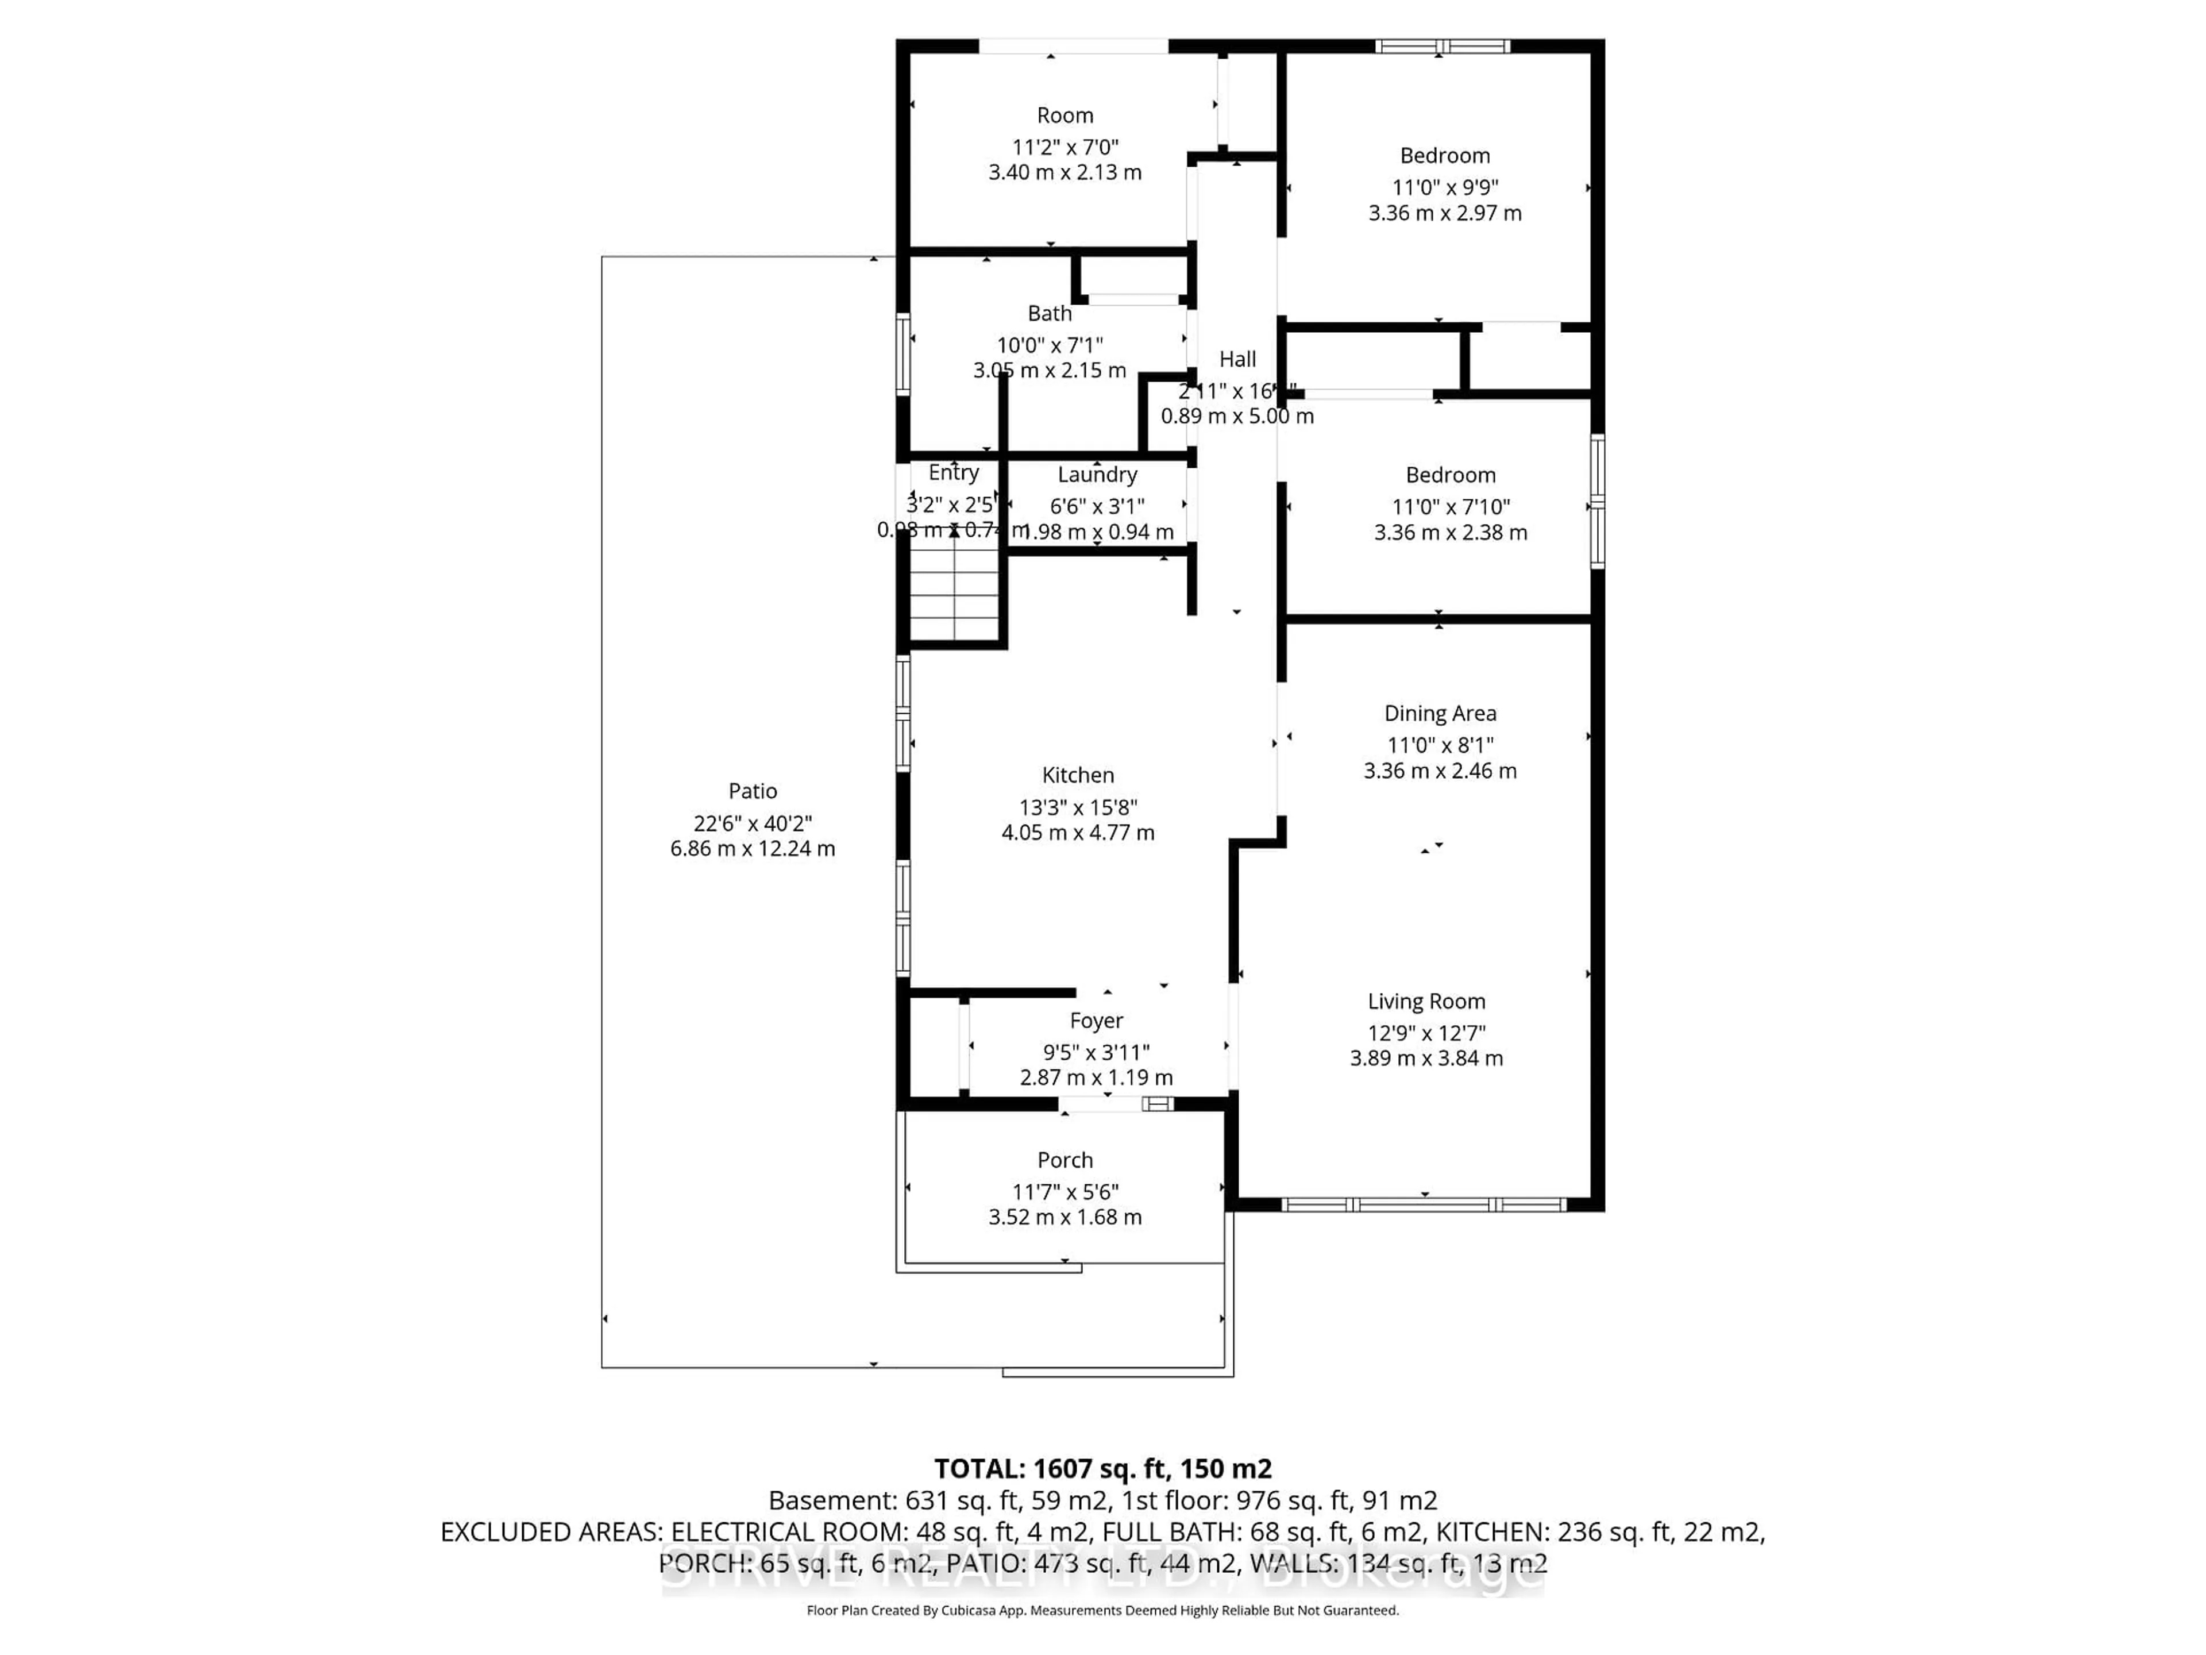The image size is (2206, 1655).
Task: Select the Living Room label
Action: click(1426, 1002)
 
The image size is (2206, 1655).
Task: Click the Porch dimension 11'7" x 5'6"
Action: click(1065, 1191)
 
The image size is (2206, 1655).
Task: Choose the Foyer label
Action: click(1096, 1021)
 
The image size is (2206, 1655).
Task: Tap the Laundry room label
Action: click(1097, 475)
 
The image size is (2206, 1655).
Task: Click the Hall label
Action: click(1237, 359)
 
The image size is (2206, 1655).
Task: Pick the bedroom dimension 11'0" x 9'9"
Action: click(1445, 187)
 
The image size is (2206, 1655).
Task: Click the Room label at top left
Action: click(1065, 116)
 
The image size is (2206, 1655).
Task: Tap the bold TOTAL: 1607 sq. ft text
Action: click(1102, 1468)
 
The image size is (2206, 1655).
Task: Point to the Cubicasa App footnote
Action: click(1102, 1610)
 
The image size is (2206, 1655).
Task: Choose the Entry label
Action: click(954, 473)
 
